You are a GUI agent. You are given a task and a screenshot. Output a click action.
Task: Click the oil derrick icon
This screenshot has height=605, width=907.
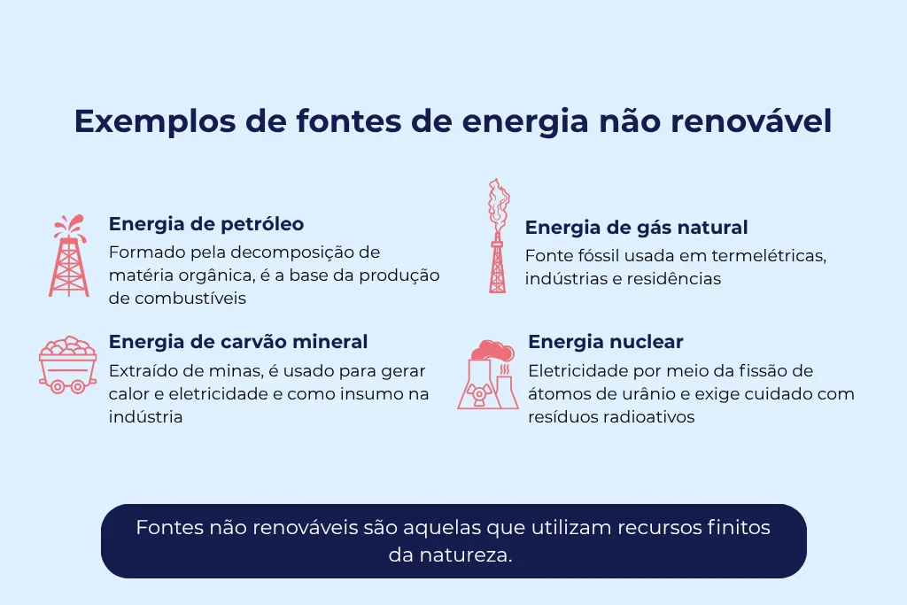(68, 256)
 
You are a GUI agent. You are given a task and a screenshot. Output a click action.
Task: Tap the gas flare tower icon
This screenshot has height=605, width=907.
(498, 237)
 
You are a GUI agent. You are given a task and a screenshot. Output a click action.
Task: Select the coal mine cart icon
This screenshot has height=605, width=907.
(67, 363)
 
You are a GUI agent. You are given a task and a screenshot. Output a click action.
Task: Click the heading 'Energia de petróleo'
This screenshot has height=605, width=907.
(206, 223)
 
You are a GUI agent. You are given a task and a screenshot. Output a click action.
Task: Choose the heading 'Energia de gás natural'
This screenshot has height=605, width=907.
(636, 228)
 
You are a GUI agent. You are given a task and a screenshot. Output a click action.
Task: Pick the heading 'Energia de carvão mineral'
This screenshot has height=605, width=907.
(237, 341)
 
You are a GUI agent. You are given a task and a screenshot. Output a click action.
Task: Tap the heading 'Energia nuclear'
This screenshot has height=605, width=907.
(605, 342)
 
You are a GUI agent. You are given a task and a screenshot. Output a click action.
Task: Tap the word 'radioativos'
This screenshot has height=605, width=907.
(649, 417)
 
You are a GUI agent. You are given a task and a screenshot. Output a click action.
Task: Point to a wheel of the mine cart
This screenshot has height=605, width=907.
(56, 385)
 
